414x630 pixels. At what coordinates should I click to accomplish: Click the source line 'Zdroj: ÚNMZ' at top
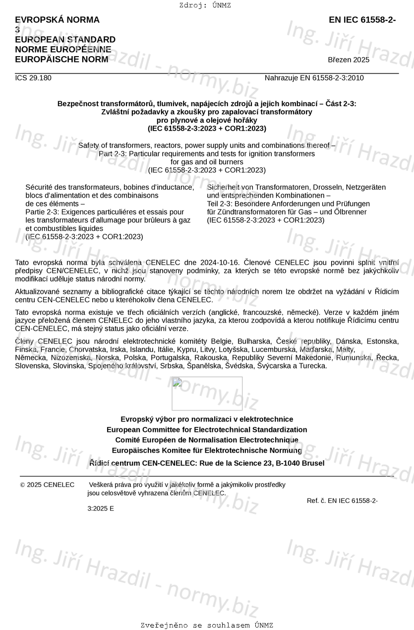(x=205, y=5)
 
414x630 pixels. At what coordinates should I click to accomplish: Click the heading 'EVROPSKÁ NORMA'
(x=57, y=20)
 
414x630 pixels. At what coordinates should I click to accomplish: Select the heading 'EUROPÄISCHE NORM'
(x=61, y=60)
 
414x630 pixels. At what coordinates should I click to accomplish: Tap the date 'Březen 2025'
(x=349, y=60)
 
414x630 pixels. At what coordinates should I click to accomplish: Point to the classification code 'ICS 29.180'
(x=33, y=78)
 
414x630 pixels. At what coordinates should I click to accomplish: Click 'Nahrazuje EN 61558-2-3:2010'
(x=314, y=78)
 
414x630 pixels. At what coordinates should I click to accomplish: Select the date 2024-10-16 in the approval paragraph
(x=220, y=262)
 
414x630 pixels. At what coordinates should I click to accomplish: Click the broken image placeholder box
(x=207, y=393)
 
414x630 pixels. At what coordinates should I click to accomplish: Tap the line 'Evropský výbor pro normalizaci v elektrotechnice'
(x=207, y=419)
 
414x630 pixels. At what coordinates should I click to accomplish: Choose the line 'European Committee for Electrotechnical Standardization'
(x=207, y=429)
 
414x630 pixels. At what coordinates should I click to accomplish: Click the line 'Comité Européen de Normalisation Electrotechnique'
(x=207, y=440)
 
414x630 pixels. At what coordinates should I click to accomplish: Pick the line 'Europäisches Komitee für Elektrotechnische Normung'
(x=207, y=450)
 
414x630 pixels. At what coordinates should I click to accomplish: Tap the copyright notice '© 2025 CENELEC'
(x=47, y=485)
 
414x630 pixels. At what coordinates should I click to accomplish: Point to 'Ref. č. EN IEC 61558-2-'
(x=342, y=500)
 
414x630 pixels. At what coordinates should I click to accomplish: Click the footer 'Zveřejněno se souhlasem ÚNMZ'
(x=207, y=626)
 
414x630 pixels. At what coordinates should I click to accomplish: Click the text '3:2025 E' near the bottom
(x=101, y=508)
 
